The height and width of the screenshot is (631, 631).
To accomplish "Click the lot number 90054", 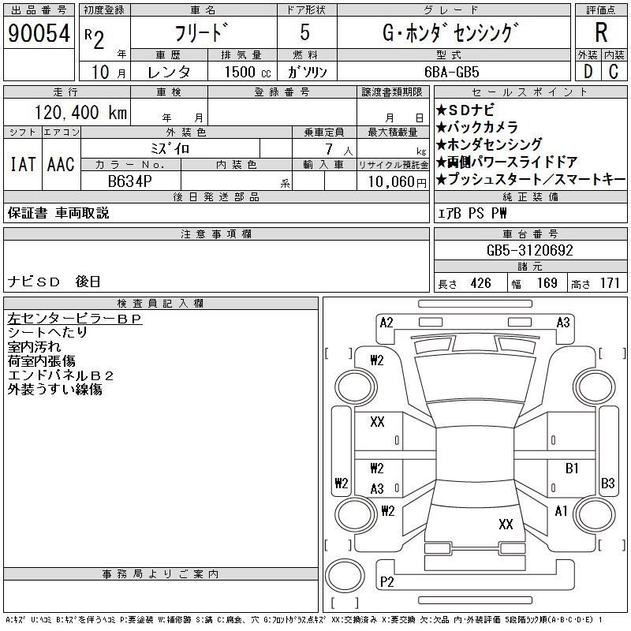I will pyautogui.click(x=39, y=34).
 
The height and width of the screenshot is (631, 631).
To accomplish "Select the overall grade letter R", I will pyautogui.click(x=600, y=33).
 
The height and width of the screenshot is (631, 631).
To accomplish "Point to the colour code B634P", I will pyautogui.click(x=131, y=181).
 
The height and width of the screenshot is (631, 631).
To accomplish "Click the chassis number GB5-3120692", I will pyautogui.click(x=529, y=250).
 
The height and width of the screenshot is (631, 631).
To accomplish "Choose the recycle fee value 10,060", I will pyautogui.click(x=386, y=181).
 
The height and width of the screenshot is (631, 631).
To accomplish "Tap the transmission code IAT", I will pyautogui.click(x=22, y=164).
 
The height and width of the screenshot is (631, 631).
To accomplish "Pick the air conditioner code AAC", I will pyautogui.click(x=61, y=164).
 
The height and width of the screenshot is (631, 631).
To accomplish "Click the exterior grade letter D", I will pyautogui.click(x=588, y=71).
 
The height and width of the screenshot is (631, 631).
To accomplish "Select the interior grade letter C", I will pyautogui.click(x=613, y=71).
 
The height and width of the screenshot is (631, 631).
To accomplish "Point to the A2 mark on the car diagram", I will pyautogui.click(x=386, y=322).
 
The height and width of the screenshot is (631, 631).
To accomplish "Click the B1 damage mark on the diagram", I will pyautogui.click(x=573, y=469).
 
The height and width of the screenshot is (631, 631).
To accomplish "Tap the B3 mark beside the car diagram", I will pyautogui.click(x=608, y=483).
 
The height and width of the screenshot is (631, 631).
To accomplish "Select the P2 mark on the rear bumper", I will pyautogui.click(x=387, y=582).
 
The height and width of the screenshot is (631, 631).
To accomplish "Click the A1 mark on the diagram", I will pyautogui.click(x=561, y=511).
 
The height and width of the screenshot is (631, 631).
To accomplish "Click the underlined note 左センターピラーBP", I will pyautogui.click(x=74, y=319).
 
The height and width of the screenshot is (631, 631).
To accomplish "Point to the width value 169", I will pyautogui.click(x=547, y=283).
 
